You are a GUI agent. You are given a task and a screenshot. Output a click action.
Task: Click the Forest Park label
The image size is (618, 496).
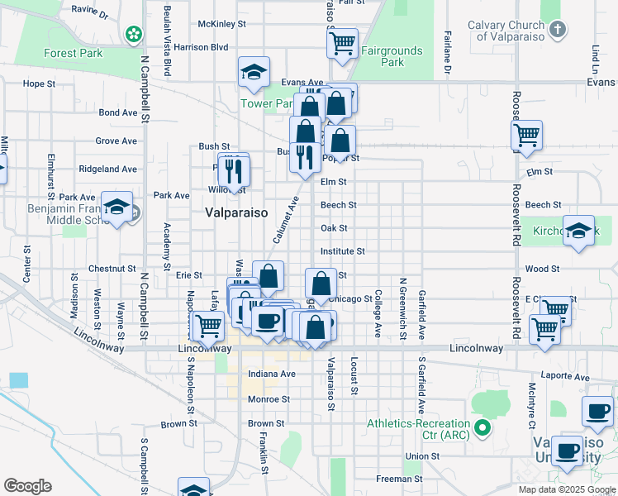73,54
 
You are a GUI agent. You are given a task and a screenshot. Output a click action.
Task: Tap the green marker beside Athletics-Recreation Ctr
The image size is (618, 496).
483,428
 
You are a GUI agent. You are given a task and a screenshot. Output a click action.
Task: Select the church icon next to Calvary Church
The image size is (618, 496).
558,31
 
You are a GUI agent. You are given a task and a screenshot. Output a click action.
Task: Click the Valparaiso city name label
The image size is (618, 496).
236,212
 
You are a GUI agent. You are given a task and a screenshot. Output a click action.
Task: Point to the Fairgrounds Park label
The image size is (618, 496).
392,56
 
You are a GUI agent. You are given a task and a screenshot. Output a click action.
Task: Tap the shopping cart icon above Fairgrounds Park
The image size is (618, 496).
342,41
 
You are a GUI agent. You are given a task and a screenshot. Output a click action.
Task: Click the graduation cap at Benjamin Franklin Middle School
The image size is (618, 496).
116,207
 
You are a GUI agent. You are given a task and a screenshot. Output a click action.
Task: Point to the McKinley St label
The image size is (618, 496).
222,24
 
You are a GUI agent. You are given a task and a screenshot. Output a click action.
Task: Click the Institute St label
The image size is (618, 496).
342,250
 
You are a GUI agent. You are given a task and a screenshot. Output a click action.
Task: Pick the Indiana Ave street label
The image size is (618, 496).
271,374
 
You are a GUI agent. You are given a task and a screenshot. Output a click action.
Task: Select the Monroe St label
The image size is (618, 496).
268,399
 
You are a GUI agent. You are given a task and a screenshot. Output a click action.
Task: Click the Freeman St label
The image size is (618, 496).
399,479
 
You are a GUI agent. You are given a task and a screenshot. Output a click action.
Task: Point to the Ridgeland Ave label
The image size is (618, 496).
107,169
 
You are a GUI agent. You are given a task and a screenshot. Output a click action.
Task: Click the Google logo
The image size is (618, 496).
26,486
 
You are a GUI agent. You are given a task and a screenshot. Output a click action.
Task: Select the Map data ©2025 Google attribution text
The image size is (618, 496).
566,489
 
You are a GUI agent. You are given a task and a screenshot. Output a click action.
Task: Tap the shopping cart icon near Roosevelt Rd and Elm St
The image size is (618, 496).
526,135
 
